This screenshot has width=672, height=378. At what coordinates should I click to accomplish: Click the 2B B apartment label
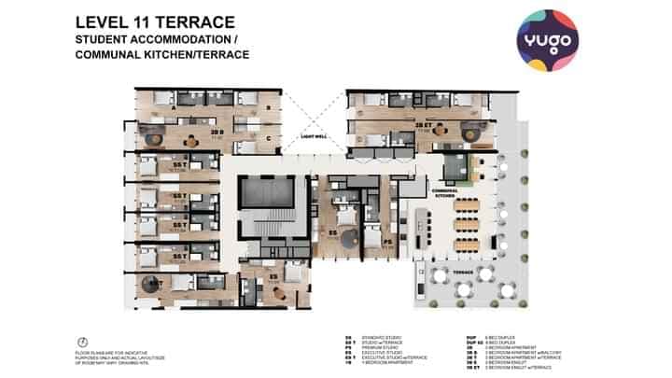tap(216, 133)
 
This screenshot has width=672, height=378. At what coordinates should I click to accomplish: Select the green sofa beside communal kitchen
tap(457, 168)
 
